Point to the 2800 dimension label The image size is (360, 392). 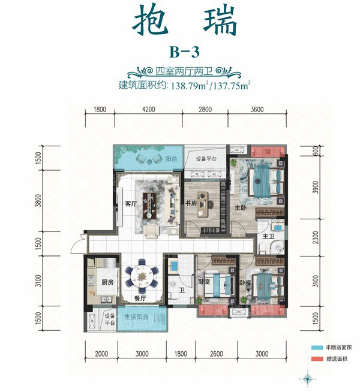tap(205, 110)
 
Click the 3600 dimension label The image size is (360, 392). tap(257, 110)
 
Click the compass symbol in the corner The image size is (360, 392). tap(308, 378)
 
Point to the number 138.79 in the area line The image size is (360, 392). tap(188, 85)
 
